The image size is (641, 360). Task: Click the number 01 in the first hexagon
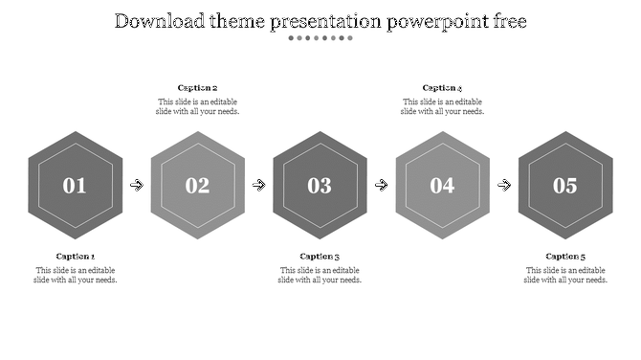(75, 186)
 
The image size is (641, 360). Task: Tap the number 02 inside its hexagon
(197, 186)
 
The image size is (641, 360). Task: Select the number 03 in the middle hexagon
(320, 186)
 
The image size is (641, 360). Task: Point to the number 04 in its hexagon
(442, 186)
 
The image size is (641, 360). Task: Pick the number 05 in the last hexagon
(564, 186)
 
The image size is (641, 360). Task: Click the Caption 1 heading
(76, 257)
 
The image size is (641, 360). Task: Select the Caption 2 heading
(197, 88)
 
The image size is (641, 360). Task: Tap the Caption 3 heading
(320, 257)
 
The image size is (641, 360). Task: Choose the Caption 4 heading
(442, 88)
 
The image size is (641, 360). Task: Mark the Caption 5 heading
(564, 257)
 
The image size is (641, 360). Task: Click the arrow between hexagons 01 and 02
(137, 186)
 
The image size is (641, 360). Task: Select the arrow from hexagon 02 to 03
(259, 186)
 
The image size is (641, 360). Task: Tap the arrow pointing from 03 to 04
(382, 186)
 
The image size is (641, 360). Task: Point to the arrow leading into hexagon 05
(504, 186)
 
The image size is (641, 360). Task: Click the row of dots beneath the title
(320, 38)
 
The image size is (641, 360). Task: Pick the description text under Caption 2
(197, 106)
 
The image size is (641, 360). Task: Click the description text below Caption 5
(564, 275)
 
